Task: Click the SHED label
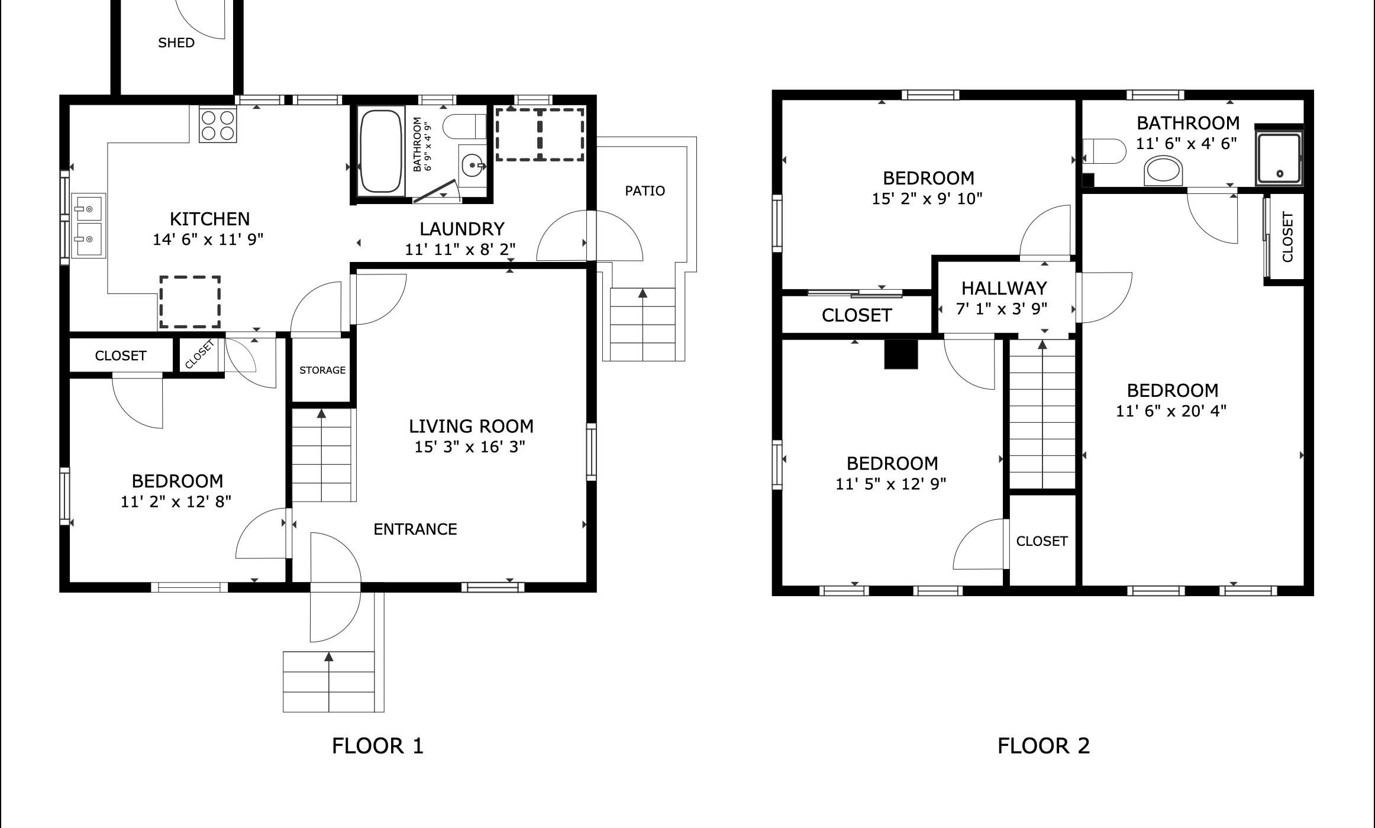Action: pos(176,43)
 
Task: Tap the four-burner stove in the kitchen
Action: pos(218,125)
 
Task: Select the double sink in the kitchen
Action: pos(88,225)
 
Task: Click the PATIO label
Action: pos(645,190)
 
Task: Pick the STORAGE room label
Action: pos(322,370)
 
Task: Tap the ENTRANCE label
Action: pos(415,529)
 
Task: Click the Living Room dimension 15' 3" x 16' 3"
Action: pos(470,447)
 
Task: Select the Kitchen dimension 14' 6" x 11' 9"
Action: pos(208,240)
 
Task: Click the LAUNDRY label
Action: pos(462,229)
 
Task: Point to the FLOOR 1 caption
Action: pos(377,746)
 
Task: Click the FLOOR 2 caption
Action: pos(1044,746)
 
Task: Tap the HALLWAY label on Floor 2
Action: pos(1004,288)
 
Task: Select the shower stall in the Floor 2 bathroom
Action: pos(1279,157)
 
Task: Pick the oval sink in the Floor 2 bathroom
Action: pos(1164,171)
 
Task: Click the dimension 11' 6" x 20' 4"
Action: pos(1171,411)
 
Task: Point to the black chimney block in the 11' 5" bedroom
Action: pos(900,354)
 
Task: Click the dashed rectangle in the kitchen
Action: pos(190,302)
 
